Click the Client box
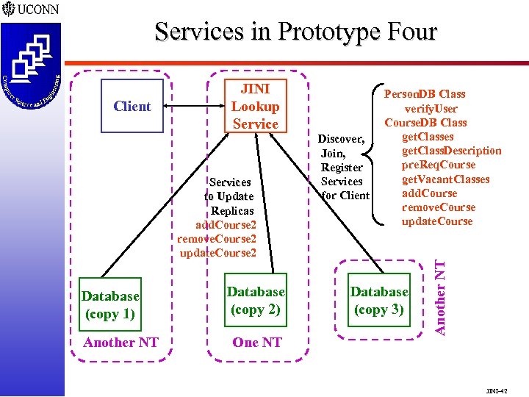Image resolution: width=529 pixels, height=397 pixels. (x=132, y=106)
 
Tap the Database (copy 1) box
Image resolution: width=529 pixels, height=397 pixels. (x=110, y=304)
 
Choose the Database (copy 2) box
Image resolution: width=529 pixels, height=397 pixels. (x=255, y=301)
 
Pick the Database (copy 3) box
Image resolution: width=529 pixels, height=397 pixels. (x=378, y=301)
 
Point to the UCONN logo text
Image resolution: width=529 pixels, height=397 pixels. (x=37, y=10)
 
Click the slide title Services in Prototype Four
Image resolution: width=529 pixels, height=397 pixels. (x=295, y=32)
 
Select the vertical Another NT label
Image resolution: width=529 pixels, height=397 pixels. (x=439, y=290)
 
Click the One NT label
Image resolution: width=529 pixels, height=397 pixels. (x=256, y=343)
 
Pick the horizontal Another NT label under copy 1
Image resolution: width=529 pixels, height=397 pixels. (x=120, y=343)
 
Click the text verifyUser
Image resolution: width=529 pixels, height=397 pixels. (x=431, y=109)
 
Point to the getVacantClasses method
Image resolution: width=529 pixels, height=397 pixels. (x=445, y=179)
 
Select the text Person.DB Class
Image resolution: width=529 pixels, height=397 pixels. (x=425, y=94)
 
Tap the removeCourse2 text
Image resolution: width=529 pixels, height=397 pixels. (x=217, y=239)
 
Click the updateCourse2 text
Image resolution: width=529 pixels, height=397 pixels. (x=218, y=253)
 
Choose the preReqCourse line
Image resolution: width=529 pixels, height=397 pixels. (x=439, y=165)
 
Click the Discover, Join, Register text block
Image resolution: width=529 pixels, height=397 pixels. (x=342, y=167)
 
